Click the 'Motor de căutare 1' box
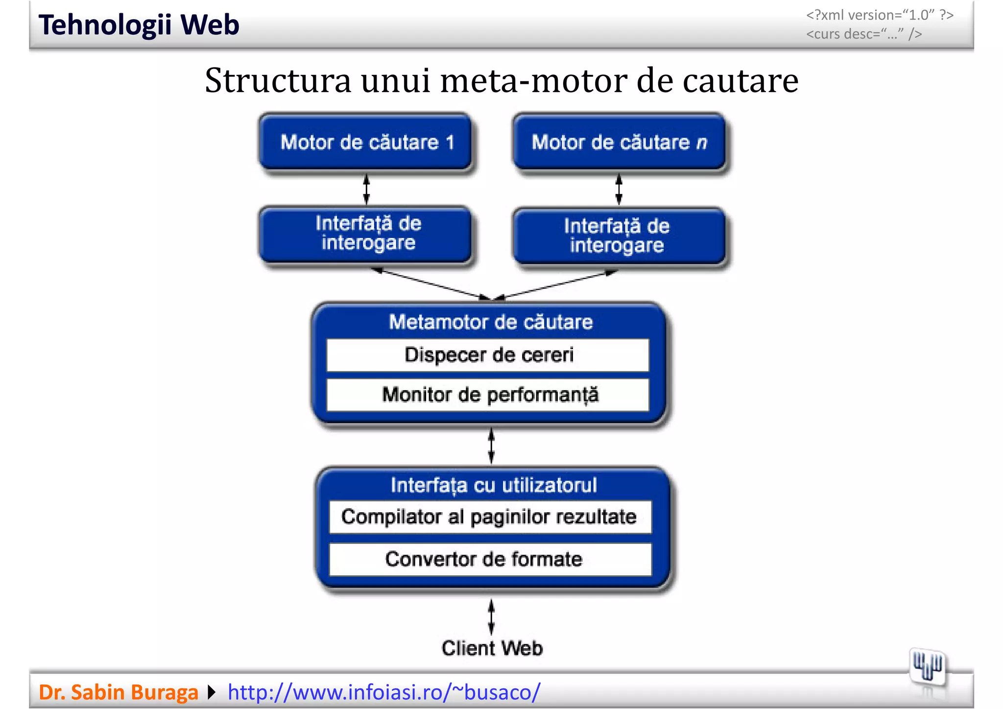click(x=366, y=142)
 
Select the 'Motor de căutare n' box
click(x=619, y=142)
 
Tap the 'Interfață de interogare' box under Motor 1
click(x=366, y=234)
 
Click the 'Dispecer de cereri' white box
click(x=488, y=355)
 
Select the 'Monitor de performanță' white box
click(x=488, y=395)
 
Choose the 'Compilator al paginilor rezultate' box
click(x=490, y=517)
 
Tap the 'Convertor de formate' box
click(x=490, y=559)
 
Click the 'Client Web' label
click(x=492, y=648)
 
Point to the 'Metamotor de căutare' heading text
click(x=491, y=322)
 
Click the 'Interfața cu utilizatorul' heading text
click(x=494, y=485)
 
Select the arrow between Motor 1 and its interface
click(x=366, y=189)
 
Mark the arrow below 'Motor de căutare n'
click(x=619, y=189)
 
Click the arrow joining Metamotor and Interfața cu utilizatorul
click(x=491, y=446)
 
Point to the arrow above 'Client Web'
click(x=491, y=617)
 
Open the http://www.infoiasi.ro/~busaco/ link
click(x=384, y=692)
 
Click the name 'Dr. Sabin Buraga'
click(x=119, y=692)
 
